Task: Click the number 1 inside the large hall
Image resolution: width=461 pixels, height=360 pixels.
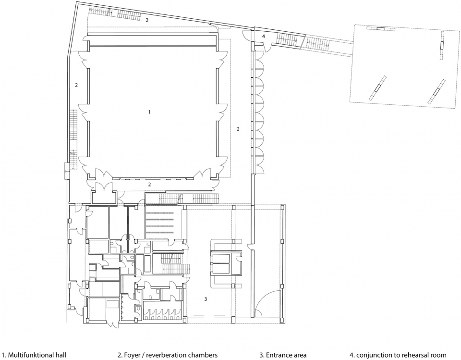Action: click(149, 112)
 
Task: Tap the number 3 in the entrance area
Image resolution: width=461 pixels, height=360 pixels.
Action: click(206, 299)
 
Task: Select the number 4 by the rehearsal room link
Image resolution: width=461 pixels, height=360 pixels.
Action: click(264, 37)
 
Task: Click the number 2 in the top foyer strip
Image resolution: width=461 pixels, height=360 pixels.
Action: click(147, 20)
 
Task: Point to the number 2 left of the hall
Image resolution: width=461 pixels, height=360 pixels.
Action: click(76, 85)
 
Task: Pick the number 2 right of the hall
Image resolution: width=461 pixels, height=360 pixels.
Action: click(238, 129)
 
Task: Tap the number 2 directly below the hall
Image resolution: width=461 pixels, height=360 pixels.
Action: click(150, 185)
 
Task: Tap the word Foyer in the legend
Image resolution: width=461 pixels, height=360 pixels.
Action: click(132, 355)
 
